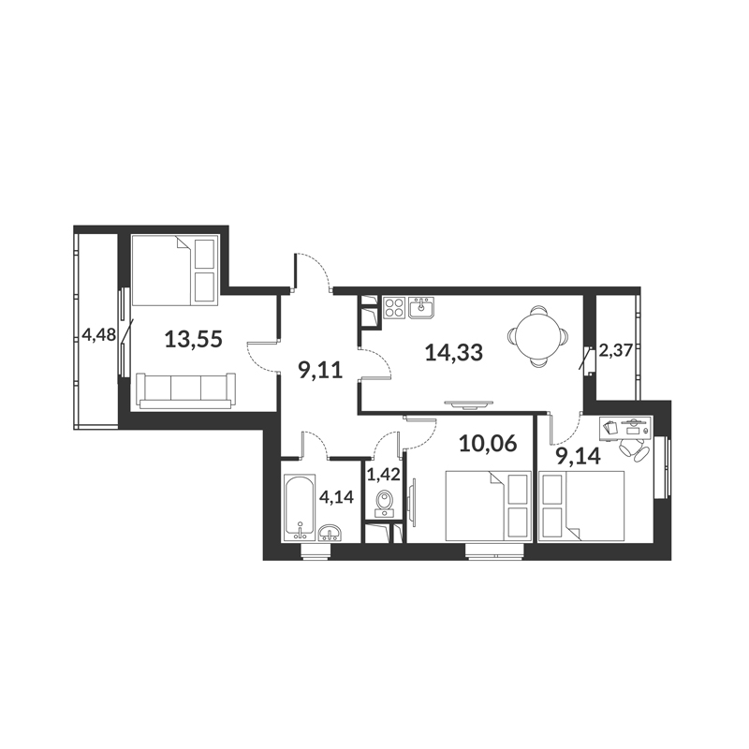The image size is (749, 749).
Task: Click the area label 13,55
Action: (194, 340)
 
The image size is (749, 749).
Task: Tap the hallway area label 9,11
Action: (320, 370)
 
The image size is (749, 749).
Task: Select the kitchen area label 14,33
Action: (454, 353)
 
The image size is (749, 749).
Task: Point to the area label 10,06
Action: (488, 444)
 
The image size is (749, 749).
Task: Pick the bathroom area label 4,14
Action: (336, 497)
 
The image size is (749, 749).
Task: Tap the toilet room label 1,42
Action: (383, 475)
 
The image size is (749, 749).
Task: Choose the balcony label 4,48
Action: (99, 334)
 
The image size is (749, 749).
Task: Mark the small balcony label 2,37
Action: (616, 351)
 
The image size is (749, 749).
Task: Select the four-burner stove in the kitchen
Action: (394, 307)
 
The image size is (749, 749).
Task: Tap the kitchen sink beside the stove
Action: (420, 307)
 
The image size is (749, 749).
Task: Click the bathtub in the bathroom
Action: (300, 507)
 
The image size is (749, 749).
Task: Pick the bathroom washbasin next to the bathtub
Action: (330, 533)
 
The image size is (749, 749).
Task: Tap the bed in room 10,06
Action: (488, 506)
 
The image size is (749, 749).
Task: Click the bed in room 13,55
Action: (175, 270)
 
